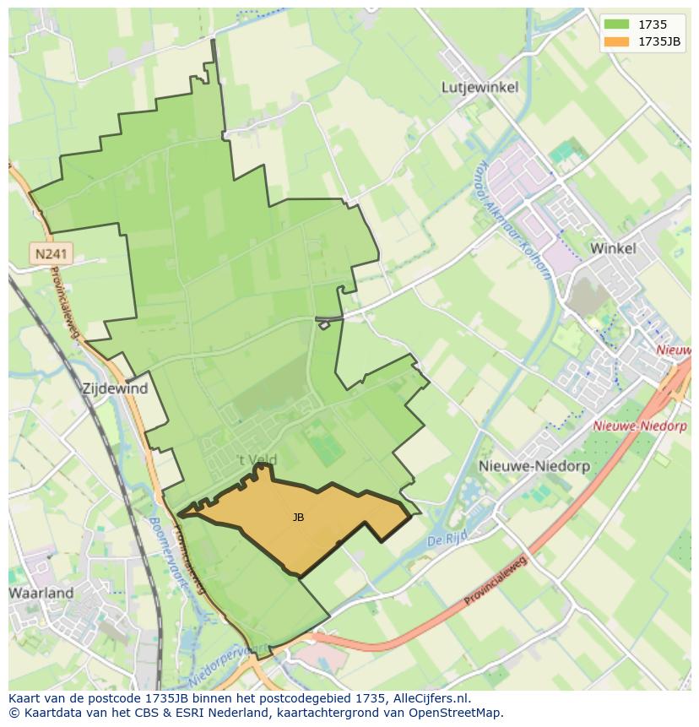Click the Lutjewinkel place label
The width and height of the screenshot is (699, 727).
point(480,87)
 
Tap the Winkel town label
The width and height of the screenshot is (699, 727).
point(613,248)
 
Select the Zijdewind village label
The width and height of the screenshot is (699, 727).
point(115,389)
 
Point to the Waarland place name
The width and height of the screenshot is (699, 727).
point(41,593)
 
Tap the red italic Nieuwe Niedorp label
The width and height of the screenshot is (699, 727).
point(639,426)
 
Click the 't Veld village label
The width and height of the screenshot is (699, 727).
point(255,460)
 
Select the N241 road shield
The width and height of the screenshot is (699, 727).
point(51,252)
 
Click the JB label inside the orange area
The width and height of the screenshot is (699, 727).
point(298,518)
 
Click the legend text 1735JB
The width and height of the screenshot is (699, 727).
point(659,41)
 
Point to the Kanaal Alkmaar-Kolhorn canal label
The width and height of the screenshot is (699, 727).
point(514,220)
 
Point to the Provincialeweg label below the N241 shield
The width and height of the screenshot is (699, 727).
point(66,302)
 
